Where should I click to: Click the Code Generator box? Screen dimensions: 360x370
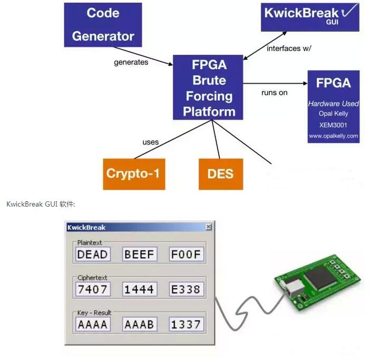pyautogui.click(x=103, y=24)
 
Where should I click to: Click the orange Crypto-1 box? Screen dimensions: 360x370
pyautogui.click(x=133, y=173)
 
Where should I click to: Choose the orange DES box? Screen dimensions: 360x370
pyautogui.click(x=220, y=173)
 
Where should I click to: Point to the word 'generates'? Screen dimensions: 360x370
pyautogui.click(x=131, y=62)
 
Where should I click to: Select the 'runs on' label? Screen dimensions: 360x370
pyautogui.click(x=275, y=93)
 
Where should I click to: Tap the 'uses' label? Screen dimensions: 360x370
pyautogui.click(x=150, y=142)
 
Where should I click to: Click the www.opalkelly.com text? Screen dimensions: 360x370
pyautogui.click(x=333, y=135)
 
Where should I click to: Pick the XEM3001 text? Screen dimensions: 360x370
pyautogui.click(x=333, y=124)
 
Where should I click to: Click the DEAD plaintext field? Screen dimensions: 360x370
pyautogui.click(x=92, y=255)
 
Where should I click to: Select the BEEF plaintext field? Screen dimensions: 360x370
pyautogui.click(x=139, y=255)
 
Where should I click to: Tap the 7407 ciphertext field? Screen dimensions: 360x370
pyautogui.click(x=92, y=289)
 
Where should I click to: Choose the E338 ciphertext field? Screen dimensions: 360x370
pyautogui.click(x=186, y=289)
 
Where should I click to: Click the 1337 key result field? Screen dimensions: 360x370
pyautogui.click(x=186, y=324)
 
